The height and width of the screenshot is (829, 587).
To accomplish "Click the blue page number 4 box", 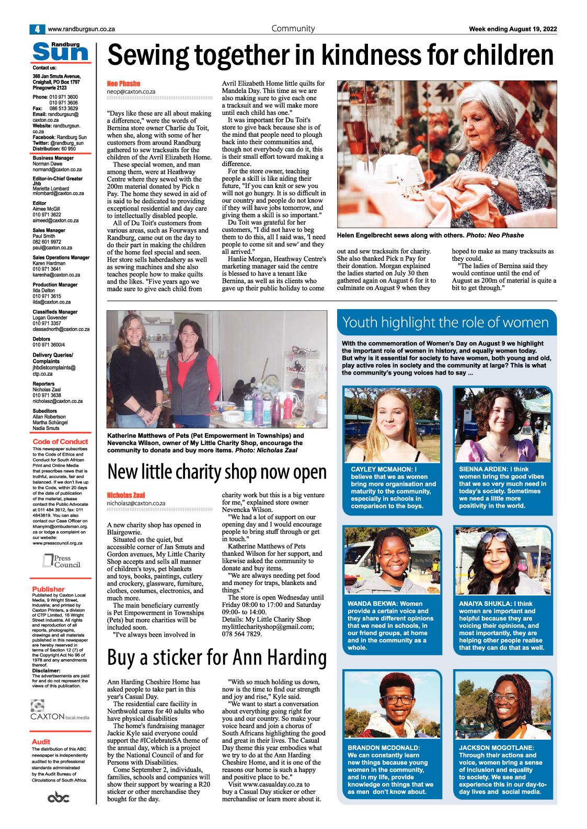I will [37, 29].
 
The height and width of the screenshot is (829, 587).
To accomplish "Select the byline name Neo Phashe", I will [123, 84].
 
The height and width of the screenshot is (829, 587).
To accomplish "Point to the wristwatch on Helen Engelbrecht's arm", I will [494, 182].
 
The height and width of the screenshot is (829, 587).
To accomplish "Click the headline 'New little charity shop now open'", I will [216, 471].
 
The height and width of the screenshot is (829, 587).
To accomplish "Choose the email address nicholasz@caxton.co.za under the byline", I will [136, 503].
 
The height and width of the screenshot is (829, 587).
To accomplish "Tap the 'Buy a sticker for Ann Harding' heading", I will [216, 659].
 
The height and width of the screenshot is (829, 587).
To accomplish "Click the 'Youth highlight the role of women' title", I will [445, 322].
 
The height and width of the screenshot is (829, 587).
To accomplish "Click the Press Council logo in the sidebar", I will [62, 561].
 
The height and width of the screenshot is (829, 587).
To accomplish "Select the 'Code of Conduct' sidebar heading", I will [60, 441].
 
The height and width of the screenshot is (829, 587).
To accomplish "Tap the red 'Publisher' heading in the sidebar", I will [48, 589].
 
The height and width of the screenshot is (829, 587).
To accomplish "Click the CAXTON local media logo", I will [61, 710].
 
